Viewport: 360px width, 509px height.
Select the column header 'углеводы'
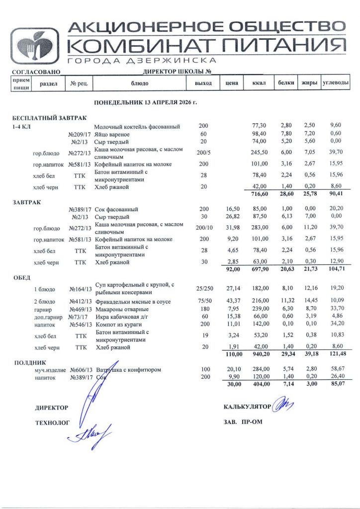335,83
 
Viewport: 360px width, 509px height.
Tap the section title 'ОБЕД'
22,277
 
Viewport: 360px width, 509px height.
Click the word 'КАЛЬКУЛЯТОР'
247,407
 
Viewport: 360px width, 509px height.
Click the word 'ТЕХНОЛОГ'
52,423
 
